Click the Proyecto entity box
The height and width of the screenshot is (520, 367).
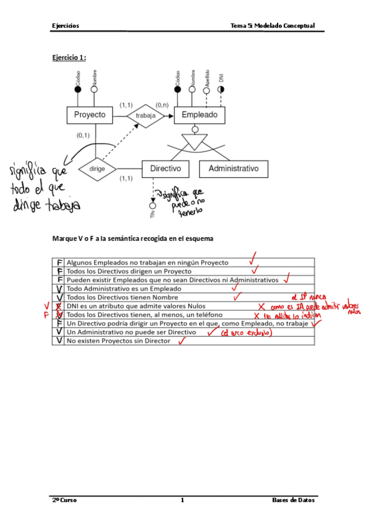click(x=89, y=115)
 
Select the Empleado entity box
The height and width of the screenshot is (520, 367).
click(x=199, y=115)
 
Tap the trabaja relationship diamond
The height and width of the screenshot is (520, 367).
click(x=146, y=115)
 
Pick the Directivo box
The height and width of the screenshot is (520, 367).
click(x=165, y=168)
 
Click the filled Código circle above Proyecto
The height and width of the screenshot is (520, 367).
click(x=78, y=89)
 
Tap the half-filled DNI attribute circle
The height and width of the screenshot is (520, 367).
click(x=221, y=89)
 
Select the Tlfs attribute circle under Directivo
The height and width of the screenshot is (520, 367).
click(x=153, y=205)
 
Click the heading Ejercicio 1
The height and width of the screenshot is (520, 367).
click(x=69, y=58)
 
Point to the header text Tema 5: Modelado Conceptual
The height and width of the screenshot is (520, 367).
click(x=272, y=26)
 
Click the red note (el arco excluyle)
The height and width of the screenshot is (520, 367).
click(x=245, y=333)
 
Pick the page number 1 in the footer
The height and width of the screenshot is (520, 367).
click(x=183, y=500)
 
